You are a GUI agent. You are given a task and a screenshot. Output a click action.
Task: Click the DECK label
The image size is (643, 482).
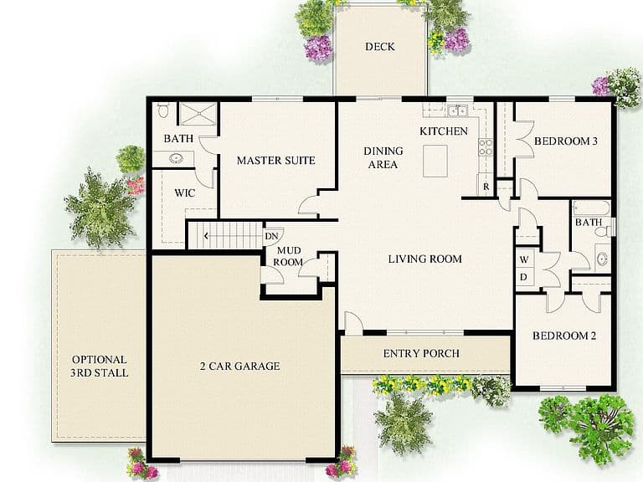coord(380,47)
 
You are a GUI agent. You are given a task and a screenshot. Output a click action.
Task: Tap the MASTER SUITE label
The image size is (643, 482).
coord(276,161)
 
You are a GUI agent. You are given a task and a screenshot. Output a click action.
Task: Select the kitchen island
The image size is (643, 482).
coord(435,161)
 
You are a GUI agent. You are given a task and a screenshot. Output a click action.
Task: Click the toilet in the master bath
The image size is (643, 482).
coord(162,110)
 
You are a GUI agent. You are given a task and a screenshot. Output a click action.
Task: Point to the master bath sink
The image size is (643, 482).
coord(177,158)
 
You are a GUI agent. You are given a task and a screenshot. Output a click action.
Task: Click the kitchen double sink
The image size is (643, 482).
coord(457,110)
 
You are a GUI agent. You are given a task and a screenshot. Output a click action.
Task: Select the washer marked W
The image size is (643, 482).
coord(524,259)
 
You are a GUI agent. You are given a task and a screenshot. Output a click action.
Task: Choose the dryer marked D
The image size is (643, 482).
coord(523,278)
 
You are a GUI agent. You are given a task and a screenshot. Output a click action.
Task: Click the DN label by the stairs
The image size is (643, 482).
coord(271,236)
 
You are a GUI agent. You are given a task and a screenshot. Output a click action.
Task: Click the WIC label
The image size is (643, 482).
coord(184,193)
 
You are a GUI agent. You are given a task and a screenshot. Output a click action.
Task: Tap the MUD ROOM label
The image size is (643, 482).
coord(288,256)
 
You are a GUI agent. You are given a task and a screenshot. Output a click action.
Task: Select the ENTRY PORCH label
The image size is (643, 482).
coord(421,353)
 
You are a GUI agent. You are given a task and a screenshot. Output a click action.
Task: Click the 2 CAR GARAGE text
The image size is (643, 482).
coord(240,366)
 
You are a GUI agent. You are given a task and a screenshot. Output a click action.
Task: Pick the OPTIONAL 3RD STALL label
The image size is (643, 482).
coord(100,366)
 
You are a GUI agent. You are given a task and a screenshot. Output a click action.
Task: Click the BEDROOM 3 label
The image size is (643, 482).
coord(565,141)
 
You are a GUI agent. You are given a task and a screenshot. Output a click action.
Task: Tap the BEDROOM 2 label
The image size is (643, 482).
coord(564,336)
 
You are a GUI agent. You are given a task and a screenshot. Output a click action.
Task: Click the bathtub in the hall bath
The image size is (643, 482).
coord(591,208)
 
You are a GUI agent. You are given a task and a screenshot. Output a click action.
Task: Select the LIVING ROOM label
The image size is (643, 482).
coord(424,259)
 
